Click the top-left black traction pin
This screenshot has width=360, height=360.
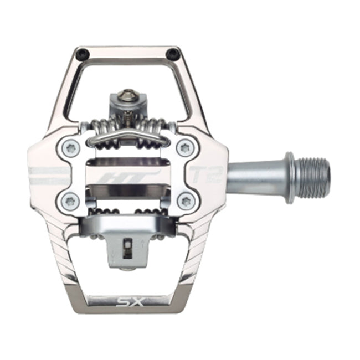(x=83, y=54)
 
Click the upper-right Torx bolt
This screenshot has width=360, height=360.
(x=185, y=148)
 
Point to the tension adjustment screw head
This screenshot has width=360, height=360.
(x=128, y=97)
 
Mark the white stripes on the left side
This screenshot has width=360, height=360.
(x=47, y=175)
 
